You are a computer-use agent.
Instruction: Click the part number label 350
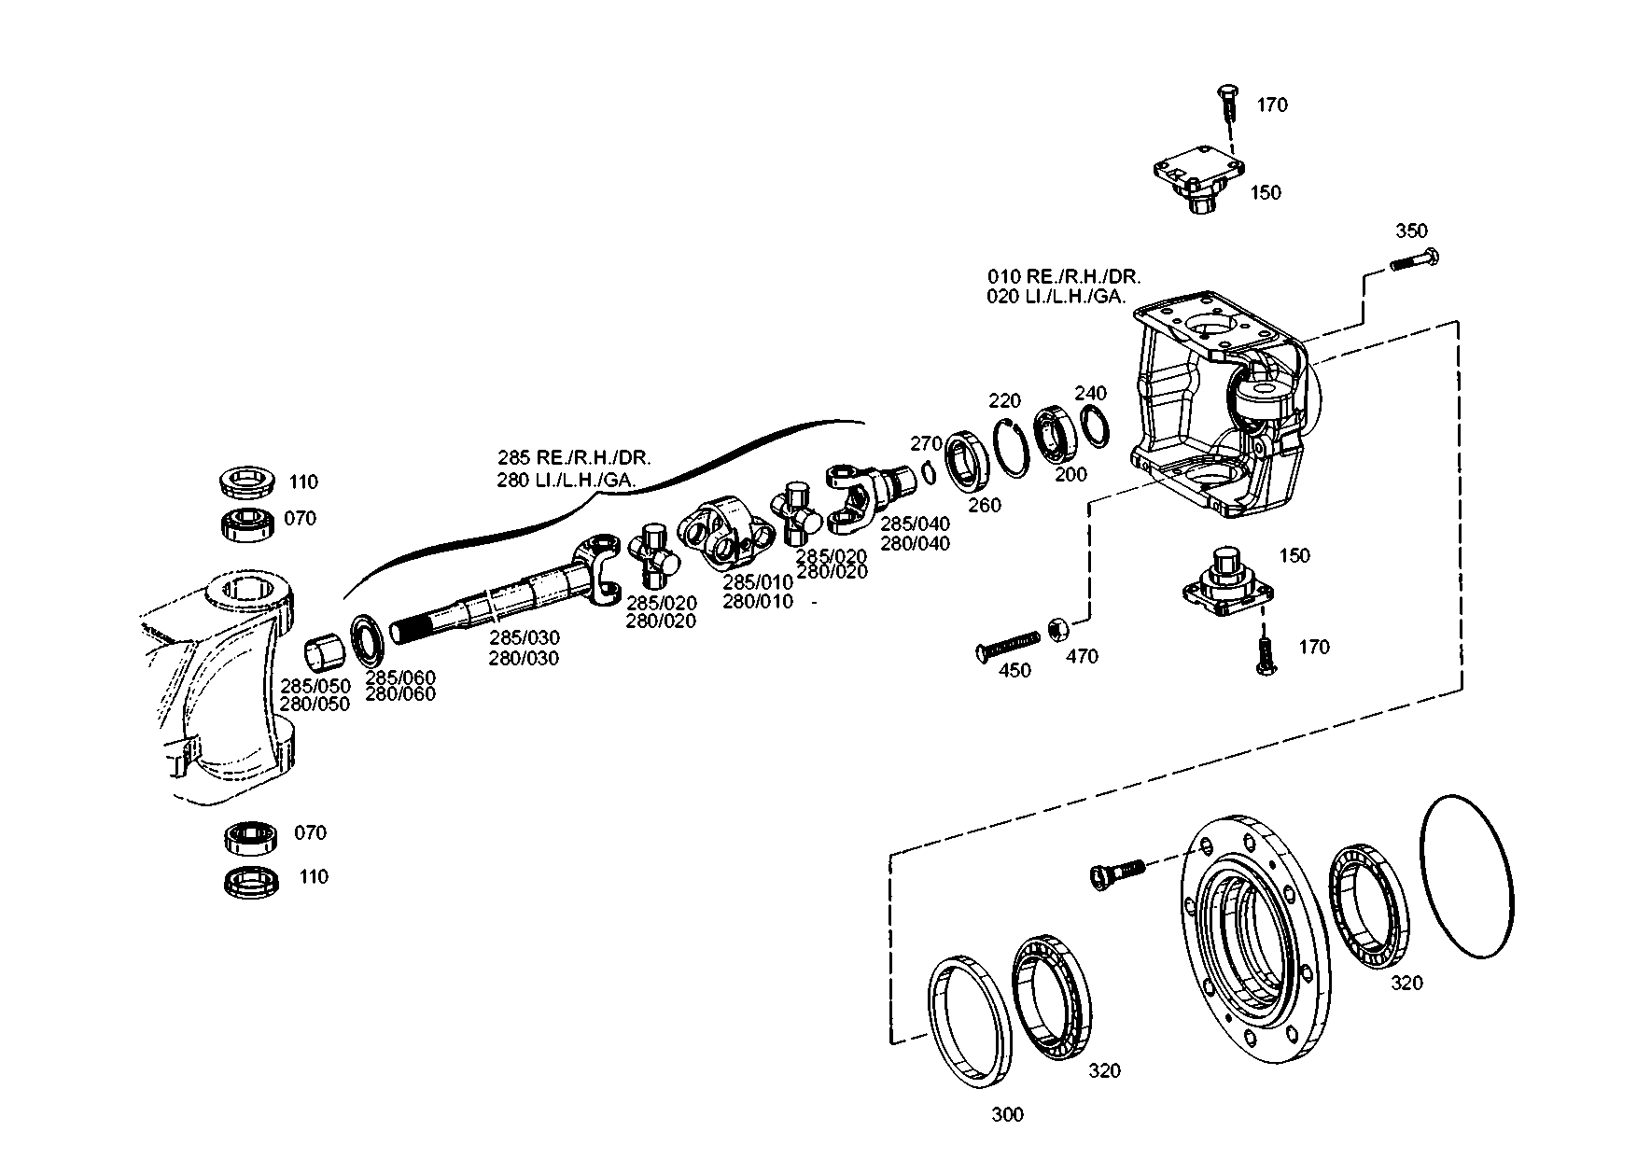point(1411,230)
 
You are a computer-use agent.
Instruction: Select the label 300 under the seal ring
point(1007,1114)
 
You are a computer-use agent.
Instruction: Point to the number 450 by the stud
point(1014,670)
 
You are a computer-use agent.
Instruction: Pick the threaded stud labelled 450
point(1008,645)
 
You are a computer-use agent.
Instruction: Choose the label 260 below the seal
point(984,505)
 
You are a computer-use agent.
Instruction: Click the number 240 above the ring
point(1090,392)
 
